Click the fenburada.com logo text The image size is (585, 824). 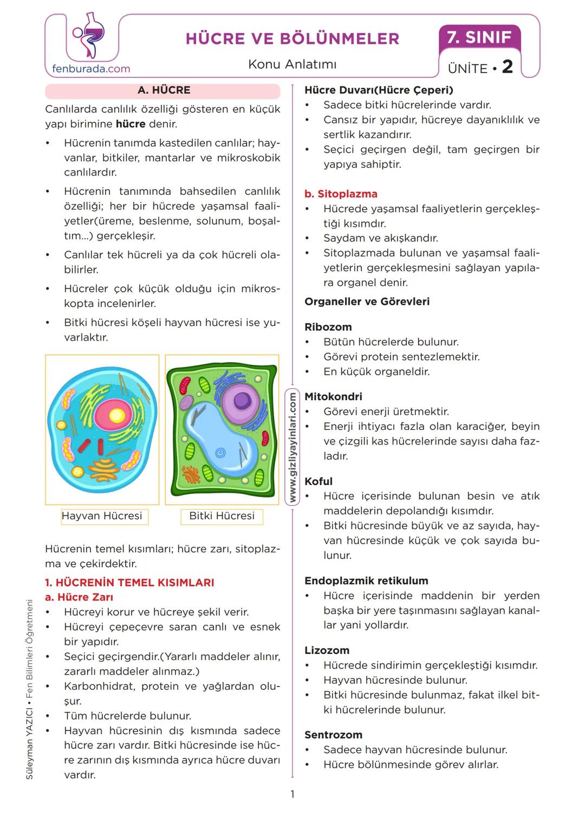point(91,69)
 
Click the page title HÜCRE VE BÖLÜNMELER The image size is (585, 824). point(292,38)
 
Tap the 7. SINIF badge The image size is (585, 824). point(479,37)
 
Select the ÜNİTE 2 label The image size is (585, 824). point(480,68)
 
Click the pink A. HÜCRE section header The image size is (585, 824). point(163,90)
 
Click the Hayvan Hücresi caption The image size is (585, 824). point(102,516)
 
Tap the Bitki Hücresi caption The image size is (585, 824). point(222,516)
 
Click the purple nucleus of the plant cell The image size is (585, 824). point(242,401)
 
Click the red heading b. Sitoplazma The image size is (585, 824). point(341,194)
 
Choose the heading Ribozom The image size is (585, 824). point(328,327)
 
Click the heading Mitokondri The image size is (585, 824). point(333,396)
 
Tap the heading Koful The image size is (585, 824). point(318,481)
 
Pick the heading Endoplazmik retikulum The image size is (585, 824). point(366,581)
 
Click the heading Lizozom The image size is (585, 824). point(327,650)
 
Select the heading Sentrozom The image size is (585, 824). point(333,735)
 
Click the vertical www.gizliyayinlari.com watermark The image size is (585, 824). point(292,447)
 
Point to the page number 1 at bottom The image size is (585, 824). point(292,794)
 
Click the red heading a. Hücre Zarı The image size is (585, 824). point(79,597)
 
